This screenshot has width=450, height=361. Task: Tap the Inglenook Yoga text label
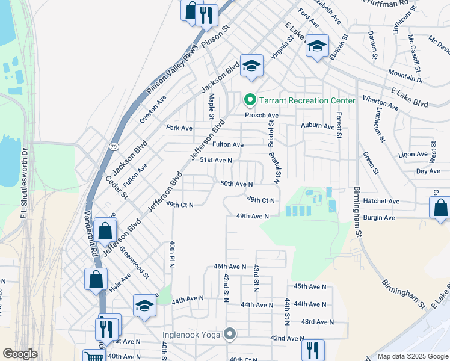pyautogui.click(x=191, y=334)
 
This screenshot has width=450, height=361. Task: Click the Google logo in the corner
pyautogui.click(x=20, y=354)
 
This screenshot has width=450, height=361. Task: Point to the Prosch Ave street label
pyautogui.click(x=261, y=115)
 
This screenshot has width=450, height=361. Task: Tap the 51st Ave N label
pyautogui.click(x=216, y=160)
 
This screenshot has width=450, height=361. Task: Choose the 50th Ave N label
pyautogui.click(x=236, y=184)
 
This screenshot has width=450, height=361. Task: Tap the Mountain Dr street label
pyautogui.click(x=405, y=75)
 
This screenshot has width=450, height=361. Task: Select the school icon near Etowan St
pyautogui.click(x=317, y=45)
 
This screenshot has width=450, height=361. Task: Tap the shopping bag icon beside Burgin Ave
pyautogui.click(x=440, y=208)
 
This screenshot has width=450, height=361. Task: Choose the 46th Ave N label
pyautogui.click(x=230, y=266)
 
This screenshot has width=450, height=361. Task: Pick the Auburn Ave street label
pyautogui.click(x=318, y=126)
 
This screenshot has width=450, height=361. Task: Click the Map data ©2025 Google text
pyautogui.click(x=412, y=356)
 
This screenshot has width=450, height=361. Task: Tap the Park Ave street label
pyautogui.click(x=179, y=128)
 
